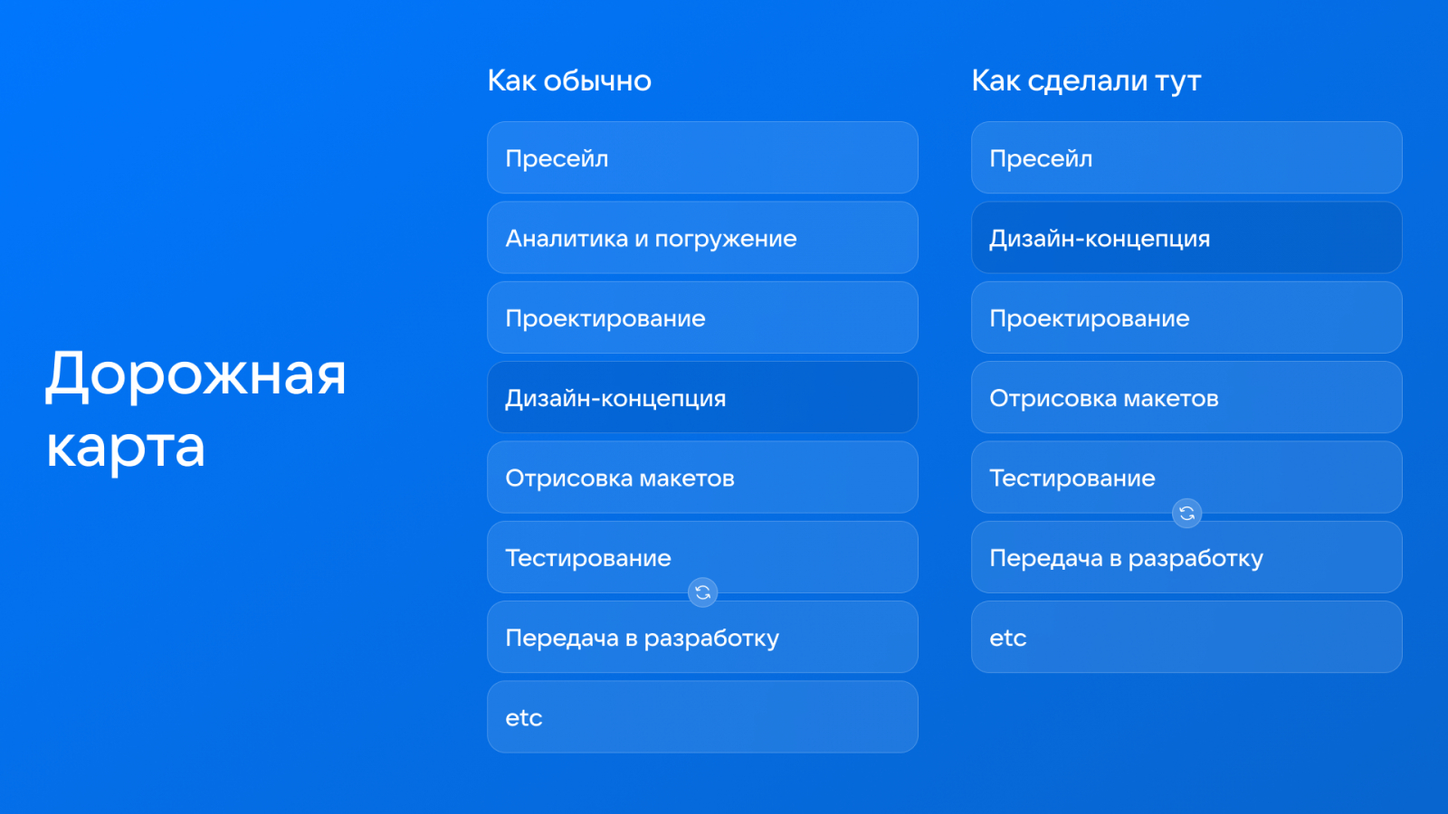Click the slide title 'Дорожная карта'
(195, 410)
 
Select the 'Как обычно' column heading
(569, 80)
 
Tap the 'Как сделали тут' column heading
(1086, 81)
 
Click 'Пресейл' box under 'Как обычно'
(702, 157)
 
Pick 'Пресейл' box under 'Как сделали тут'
(1186, 157)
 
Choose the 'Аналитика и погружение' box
(702, 238)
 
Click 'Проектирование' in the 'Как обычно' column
(702, 317)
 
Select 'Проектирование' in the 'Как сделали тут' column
(1186, 317)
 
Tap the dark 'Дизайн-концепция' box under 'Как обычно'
(702, 397)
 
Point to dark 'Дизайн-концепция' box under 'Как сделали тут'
(1186, 238)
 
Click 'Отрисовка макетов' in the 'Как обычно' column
(702, 478)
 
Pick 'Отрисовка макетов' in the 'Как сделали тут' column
(1186, 397)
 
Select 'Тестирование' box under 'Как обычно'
(702, 557)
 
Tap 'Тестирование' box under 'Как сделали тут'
(1186, 478)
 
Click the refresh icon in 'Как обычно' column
(702, 592)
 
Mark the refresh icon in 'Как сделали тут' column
(1186, 514)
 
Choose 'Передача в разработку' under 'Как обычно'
(702, 637)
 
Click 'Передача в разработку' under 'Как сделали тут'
(1186, 557)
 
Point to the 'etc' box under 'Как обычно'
(702, 717)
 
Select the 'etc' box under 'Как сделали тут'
(1186, 637)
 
